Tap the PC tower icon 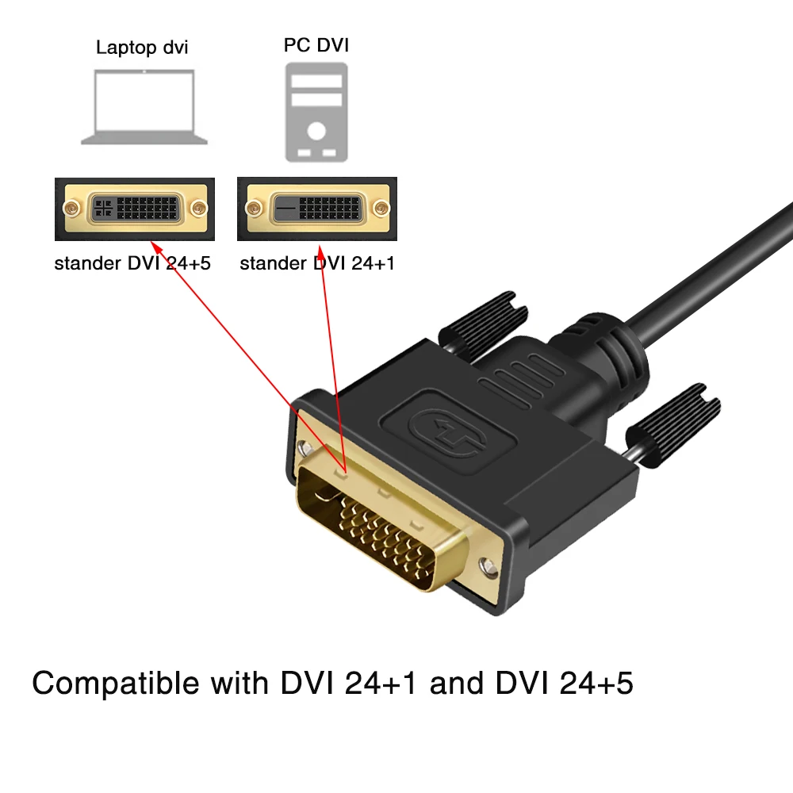[316, 112]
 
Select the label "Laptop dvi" [142, 47]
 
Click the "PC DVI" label [316, 45]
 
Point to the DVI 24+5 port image [134, 209]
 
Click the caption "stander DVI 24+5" [132, 263]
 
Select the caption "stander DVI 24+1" [317, 263]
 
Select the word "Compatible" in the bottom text [116, 683]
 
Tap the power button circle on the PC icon [316, 129]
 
